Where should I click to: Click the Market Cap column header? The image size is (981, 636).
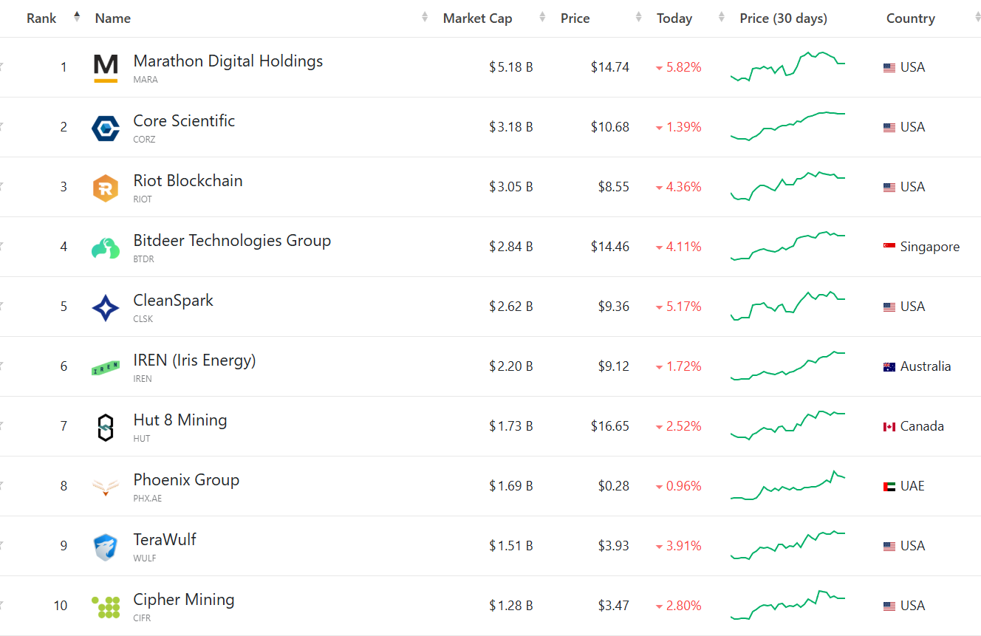pos(477,18)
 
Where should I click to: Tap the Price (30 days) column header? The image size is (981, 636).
pos(783,18)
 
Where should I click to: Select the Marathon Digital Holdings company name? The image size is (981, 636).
pos(228,61)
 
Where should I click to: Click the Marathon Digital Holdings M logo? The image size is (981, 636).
pos(106,67)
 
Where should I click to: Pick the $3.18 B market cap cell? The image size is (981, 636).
pos(510,127)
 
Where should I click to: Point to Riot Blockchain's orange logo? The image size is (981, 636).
pos(106,188)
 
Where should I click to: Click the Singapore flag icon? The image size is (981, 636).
pos(889,247)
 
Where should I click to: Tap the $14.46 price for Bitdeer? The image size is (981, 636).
pos(609,247)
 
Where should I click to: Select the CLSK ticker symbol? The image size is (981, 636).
pos(144,319)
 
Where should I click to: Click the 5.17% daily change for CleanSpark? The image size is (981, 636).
pos(683,307)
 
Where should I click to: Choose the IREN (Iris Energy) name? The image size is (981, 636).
pos(194,360)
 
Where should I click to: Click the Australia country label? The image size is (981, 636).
pos(925,366)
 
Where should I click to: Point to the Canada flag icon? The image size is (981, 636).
pos(889,426)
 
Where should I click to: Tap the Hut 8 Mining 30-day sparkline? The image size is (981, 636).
pos(787,424)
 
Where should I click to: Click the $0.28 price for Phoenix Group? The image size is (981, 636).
pos(614,486)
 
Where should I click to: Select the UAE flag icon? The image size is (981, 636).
pos(889,486)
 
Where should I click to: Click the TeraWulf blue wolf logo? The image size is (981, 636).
pos(106,547)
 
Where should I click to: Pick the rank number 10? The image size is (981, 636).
pos(60,606)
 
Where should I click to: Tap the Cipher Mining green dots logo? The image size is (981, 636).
pos(106,606)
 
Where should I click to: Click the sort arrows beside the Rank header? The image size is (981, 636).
pos(77,17)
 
